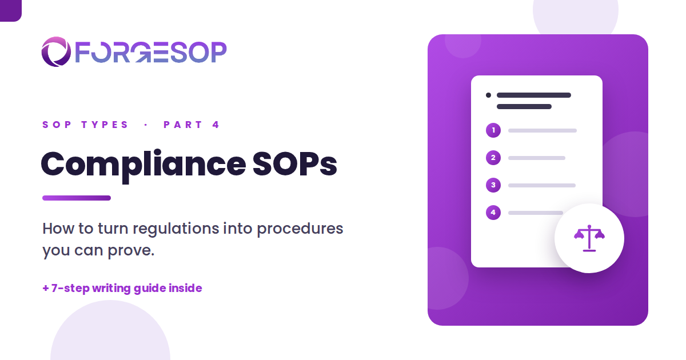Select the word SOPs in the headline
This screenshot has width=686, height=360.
click(x=294, y=164)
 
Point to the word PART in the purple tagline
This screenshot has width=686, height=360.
click(x=182, y=125)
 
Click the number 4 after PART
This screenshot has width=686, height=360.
click(x=216, y=125)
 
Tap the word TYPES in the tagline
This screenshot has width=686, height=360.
click(x=105, y=125)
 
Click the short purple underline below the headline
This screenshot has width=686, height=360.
click(x=77, y=198)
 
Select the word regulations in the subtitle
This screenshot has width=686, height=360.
click(x=176, y=229)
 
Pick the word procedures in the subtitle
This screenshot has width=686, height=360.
click(x=300, y=229)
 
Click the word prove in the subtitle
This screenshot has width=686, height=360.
click(x=131, y=251)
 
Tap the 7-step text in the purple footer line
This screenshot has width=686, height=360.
click(x=70, y=289)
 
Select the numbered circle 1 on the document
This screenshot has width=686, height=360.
click(x=493, y=130)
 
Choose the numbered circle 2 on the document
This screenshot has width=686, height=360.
click(x=493, y=158)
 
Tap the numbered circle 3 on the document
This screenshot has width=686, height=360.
click(x=493, y=185)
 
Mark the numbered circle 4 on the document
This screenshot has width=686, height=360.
click(x=493, y=213)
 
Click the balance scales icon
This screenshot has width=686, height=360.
click(x=589, y=238)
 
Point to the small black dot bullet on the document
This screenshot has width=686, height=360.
click(x=488, y=95)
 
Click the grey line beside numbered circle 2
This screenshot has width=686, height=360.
click(x=537, y=158)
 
